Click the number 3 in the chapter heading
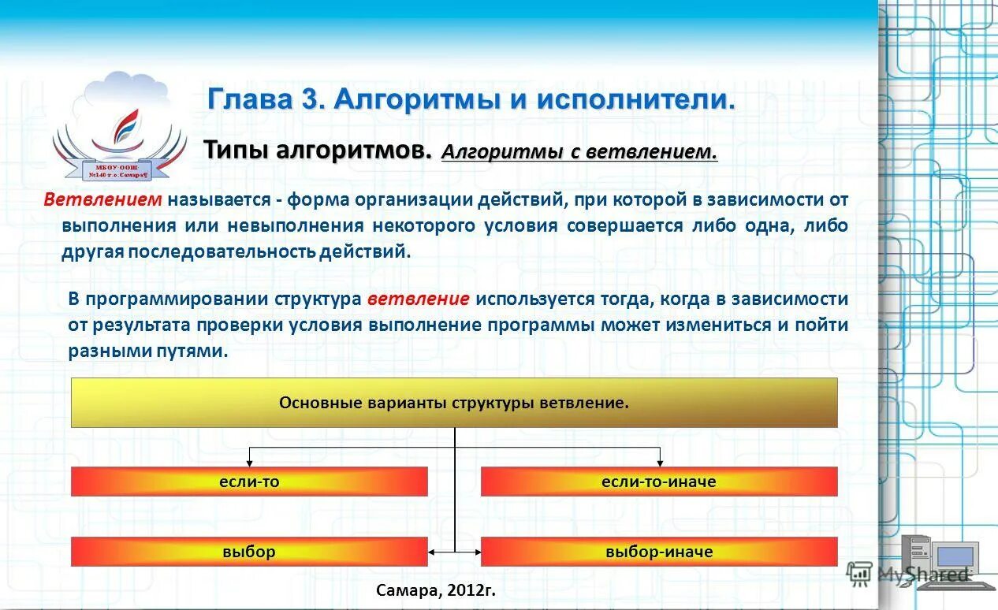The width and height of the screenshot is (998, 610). point(307,100)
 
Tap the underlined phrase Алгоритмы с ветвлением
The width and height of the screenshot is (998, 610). point(579,152)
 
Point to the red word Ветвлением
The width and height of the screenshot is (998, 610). point(102,199)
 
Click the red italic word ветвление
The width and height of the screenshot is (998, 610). point(419,299)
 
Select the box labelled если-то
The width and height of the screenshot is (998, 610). point(249,482)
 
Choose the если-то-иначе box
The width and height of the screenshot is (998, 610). point(658,482)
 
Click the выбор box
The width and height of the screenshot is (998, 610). point(249,552)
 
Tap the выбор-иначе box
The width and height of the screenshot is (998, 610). point(658,552)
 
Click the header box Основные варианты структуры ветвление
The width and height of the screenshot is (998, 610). point(454,403)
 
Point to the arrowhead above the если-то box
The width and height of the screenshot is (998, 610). point(250,462)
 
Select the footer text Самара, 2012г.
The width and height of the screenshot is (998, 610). point(436,590)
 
